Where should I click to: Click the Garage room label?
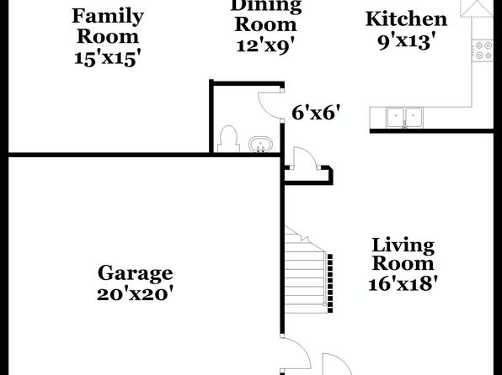(135, 274)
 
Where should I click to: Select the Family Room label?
(108, 26)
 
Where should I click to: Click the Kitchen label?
(406, 19)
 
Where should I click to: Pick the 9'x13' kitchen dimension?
(407, 42)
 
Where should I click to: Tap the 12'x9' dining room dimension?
(265, 45)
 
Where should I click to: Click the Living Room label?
(403, 254)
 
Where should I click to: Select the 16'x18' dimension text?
(403, 283)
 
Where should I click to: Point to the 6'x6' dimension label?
(316, 113)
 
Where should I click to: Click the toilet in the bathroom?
(228, 140)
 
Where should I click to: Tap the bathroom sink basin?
(260, 145)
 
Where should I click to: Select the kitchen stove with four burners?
(483, 50)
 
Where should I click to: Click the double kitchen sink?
(404, 118)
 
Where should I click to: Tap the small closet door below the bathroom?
(305, 157)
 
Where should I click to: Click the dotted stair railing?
(330, 283)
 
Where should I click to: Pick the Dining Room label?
(265, 15)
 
